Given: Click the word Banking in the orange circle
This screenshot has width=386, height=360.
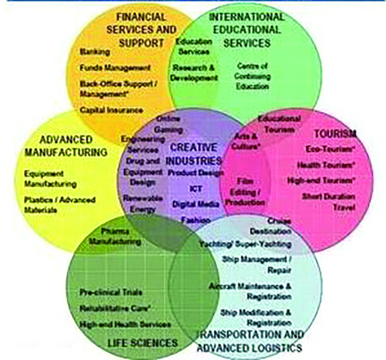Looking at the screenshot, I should (95, 52).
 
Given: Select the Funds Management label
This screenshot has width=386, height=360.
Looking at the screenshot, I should (115, 67).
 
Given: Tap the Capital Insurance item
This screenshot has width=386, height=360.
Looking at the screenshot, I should (112, 110).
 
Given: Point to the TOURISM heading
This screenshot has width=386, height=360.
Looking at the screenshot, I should (335, 134).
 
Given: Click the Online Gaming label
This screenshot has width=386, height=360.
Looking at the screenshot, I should (168, 124).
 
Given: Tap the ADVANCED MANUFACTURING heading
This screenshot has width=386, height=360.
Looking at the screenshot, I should (66, 146).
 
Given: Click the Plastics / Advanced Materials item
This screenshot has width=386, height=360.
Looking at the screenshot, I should (59, 205).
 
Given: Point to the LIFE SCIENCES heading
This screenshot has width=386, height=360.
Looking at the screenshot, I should (142, 343).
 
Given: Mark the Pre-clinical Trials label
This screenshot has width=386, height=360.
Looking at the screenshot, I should (111, 292).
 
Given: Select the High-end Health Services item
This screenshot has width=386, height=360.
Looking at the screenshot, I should (125, 324).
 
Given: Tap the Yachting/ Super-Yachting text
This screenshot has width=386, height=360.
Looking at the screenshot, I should (245, 244).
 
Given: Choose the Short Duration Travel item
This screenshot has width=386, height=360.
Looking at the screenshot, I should (328, 202).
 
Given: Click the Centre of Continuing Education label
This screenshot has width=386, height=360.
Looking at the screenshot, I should (252, 76).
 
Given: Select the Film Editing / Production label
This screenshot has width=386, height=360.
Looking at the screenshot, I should (245, 192).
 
